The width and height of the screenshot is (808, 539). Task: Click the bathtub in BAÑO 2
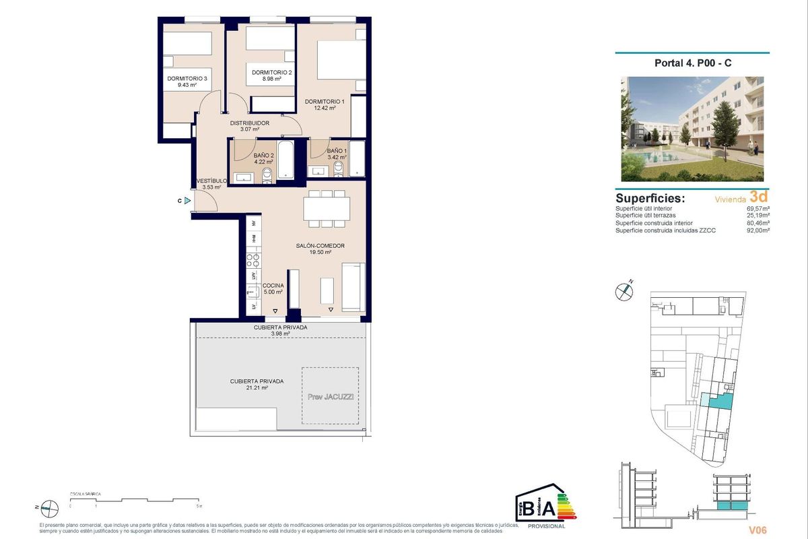[x=285, y=160]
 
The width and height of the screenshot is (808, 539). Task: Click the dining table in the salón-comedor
[x=326, y=209]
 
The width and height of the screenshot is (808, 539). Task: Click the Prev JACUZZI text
[x=330, y=397]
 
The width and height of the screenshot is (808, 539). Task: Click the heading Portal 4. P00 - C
[x=692, y=63]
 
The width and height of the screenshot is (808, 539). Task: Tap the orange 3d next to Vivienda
[x=759, y=197]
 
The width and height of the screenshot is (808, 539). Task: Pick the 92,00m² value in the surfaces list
[x=758, y=230]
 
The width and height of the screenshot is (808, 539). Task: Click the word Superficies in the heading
[x=650, y=199]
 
